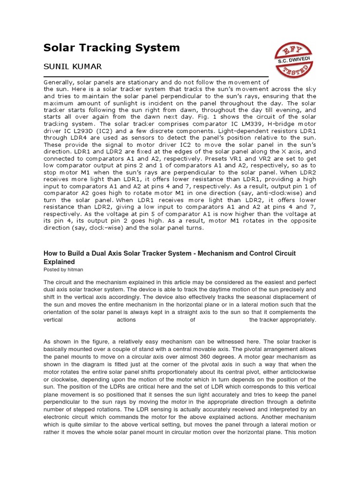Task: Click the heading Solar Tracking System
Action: (x=112, y=47)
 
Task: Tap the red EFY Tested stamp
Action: (x=293, y=60)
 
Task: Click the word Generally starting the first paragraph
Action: (x=60, y=82)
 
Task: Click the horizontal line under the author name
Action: (x=156, y=76)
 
